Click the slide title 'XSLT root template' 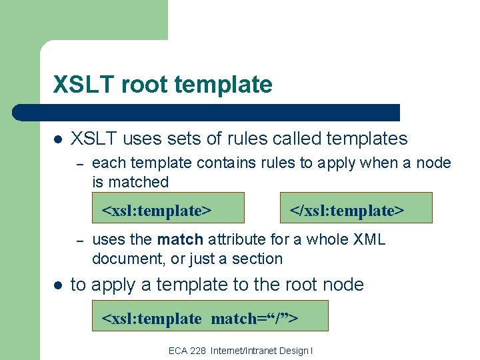point(163,85)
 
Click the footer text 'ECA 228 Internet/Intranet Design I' point(241,351)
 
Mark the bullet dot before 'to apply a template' point(58,285)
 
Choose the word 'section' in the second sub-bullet point(257,258)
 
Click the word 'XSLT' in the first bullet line point(94,139)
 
